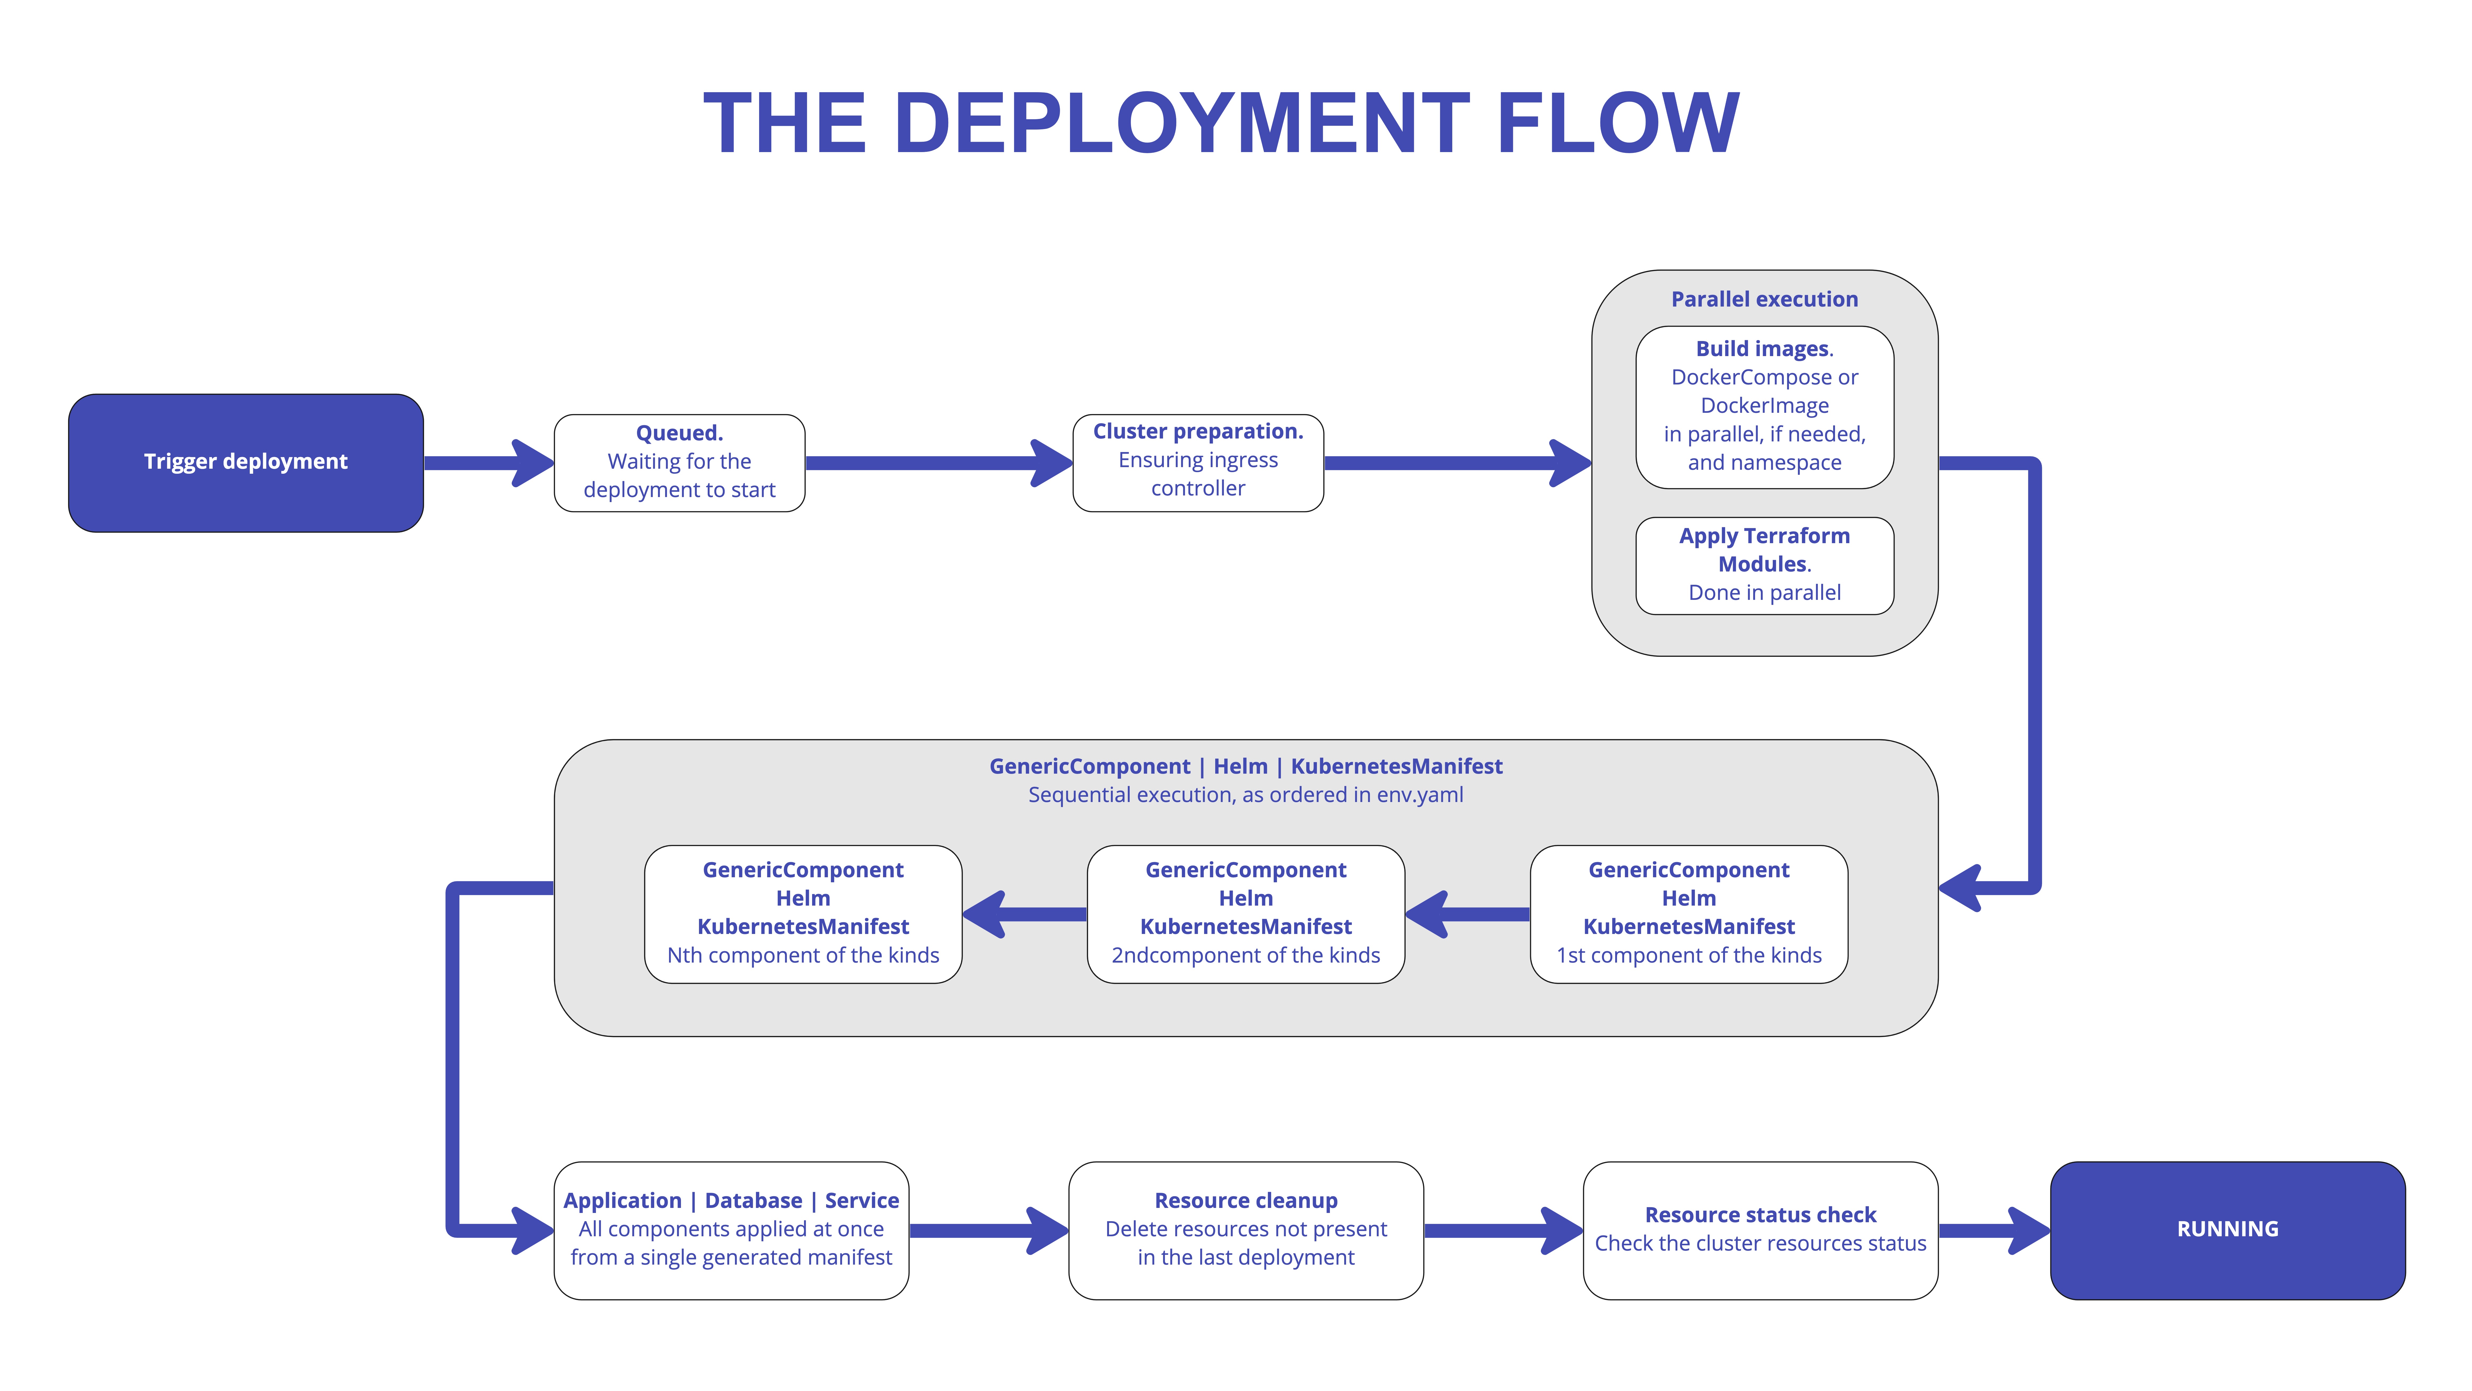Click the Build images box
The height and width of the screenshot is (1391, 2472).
(x=1764, y=407)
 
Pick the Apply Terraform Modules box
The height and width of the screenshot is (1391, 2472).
(x=1764, y=564)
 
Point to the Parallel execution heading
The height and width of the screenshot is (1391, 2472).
(x=1764, y=299)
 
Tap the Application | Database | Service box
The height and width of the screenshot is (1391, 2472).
(x=731, y=1230)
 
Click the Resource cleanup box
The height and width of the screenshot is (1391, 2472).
(x=1246, y=1230)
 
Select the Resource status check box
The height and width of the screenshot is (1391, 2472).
(x=1760, y=1230)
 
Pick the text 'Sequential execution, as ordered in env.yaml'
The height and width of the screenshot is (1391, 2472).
(x=1246, y=795)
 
